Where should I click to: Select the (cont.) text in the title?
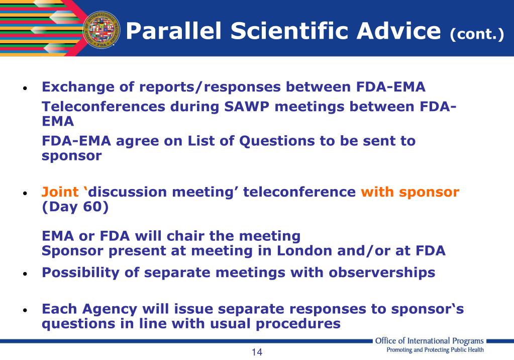point(476,35)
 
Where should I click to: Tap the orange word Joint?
point(60,192)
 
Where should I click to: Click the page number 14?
point(257,352)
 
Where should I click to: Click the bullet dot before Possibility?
point(25,274)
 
